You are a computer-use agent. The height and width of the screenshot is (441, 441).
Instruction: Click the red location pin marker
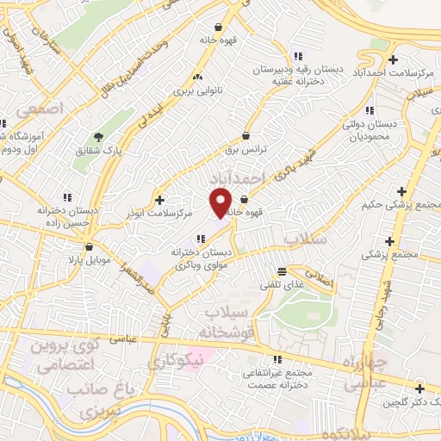coord(220,203)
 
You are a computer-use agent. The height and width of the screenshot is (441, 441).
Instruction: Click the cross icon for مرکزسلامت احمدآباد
coord(394,60)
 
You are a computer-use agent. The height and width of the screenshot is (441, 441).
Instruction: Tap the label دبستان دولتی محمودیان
coord(369,130)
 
